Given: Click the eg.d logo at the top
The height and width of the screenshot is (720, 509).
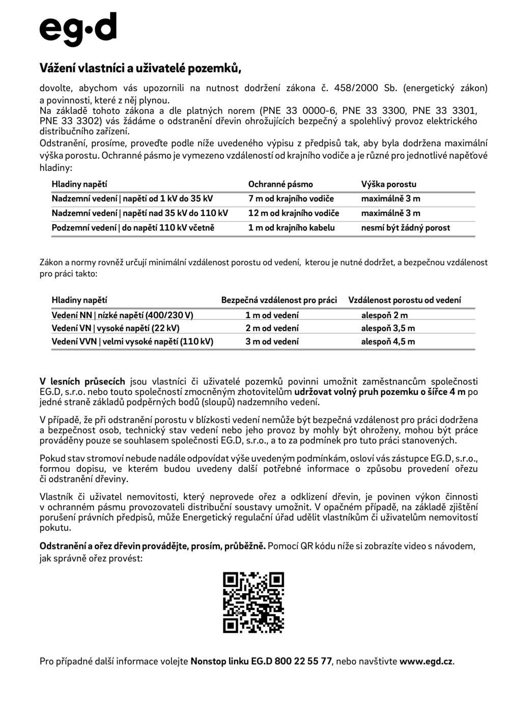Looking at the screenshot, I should pyautogui.click(x=78, y=29).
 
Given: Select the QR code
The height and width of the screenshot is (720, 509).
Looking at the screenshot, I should pyautogui.click(x=253, y=602).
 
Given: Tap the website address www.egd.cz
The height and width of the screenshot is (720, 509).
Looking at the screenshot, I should pyautogui.click(x=426, y=661).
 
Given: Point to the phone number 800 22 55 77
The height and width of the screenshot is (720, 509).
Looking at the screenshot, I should pyautogui.click(x=303, y=661).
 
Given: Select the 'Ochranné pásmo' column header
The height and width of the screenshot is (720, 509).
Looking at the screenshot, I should pyautogui.click(x=280, y=184).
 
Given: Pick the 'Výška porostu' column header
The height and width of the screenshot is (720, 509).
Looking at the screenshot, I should pyautogui.click(x=389, y=184).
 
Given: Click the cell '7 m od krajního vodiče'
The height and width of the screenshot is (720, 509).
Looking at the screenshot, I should pyautogui.click(x=291, y=199).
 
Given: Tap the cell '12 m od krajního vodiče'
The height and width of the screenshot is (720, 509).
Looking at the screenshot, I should pyautogui.click(x=294, y=213).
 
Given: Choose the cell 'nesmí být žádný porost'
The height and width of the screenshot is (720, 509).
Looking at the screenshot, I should pyautogui.click(x=406, y=228).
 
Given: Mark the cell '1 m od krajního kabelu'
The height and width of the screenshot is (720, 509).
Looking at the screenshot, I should pyautogui.click(x=292, y=228).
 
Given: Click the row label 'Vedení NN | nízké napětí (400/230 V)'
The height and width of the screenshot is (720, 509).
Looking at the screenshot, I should pyautogui.click(x=122, y=315).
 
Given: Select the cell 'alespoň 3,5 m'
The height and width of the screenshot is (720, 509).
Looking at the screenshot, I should pyautogui.click(x=388, y=328).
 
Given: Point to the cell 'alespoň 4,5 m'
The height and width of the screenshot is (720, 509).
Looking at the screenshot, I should pyautogui.click(x=388, y=342).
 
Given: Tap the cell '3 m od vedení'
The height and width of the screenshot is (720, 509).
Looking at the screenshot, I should pyautogui.click(x=272, y=342).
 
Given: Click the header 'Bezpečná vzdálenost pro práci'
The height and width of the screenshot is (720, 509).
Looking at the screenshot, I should pyautogui.click(x=279, y=300).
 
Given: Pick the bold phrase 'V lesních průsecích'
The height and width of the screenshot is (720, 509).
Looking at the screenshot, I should pyautogui.click(x=82, y=381).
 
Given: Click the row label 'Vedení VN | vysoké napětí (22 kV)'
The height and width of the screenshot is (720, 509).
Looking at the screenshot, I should pyautogui.click(x=116, y=328).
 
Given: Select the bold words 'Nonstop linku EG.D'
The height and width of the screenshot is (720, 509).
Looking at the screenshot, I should pyautogui.click(x=231, y=661).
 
